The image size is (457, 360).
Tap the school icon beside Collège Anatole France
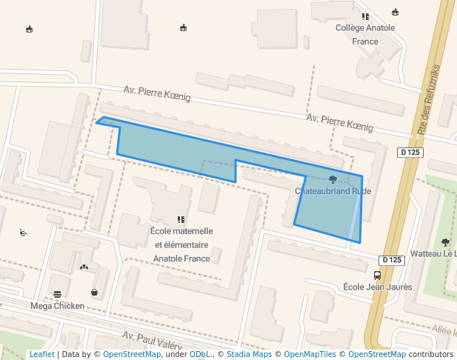pos(365,16)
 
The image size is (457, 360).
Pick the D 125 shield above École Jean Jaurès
pos(393,260)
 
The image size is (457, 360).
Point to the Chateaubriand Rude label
pos(333,191)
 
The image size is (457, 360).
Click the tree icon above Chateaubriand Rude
pos(333,179)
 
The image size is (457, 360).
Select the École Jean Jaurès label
pos(378,287)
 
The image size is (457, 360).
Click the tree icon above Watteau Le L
pos(445,241)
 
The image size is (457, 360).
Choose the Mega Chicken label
pos(57,305)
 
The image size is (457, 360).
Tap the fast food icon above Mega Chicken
pos(57,294)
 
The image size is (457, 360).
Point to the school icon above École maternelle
pos(181,219)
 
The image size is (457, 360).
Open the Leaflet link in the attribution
pos(41,354)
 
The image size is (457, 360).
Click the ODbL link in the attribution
pos(199,354)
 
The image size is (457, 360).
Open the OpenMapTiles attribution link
pos(310,354)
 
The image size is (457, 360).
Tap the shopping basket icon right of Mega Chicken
pos(95,292)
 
